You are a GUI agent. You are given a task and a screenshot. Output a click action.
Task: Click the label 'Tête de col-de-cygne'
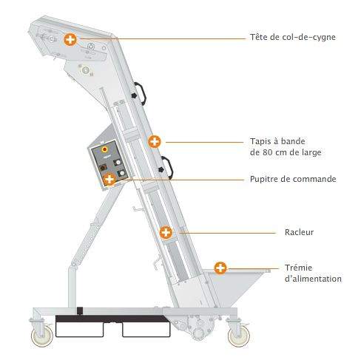[x=293, y=37]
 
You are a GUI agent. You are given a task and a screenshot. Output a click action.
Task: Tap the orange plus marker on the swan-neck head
[x=70, y=39]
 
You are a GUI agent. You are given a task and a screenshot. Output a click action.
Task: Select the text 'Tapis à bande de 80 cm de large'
[x=286, y=147]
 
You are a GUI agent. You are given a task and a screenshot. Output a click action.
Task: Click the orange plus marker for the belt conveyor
[x=155, y=142]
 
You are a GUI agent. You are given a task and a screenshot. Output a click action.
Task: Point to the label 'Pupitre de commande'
[x=293, y=179]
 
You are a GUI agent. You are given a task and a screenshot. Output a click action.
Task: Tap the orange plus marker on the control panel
[x=109, y=179]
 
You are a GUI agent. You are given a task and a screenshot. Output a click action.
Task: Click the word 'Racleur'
[x=299, y=232]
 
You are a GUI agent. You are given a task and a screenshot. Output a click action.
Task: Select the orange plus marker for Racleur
[x=166, y=232]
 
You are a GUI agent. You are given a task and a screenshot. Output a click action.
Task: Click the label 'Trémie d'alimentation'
[x=313, y=273]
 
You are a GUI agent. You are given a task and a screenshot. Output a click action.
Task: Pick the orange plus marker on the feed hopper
[x=220, y=268]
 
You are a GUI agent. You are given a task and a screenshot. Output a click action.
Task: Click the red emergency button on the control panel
[x=105, y=149]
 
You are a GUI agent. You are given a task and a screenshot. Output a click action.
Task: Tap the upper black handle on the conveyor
[x=141, y=94]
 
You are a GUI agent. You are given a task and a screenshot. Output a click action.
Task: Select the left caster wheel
[x=42, y=336]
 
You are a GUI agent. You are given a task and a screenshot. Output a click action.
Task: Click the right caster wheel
[x=238, y=336]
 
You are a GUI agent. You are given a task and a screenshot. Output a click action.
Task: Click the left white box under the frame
[x=79, y=330]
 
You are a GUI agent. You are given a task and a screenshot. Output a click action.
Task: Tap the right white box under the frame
[x=146, y=330]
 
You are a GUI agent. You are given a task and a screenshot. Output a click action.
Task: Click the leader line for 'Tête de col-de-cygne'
[x=163, y=38]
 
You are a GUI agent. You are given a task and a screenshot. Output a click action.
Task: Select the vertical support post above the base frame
[x=72, y=286]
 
